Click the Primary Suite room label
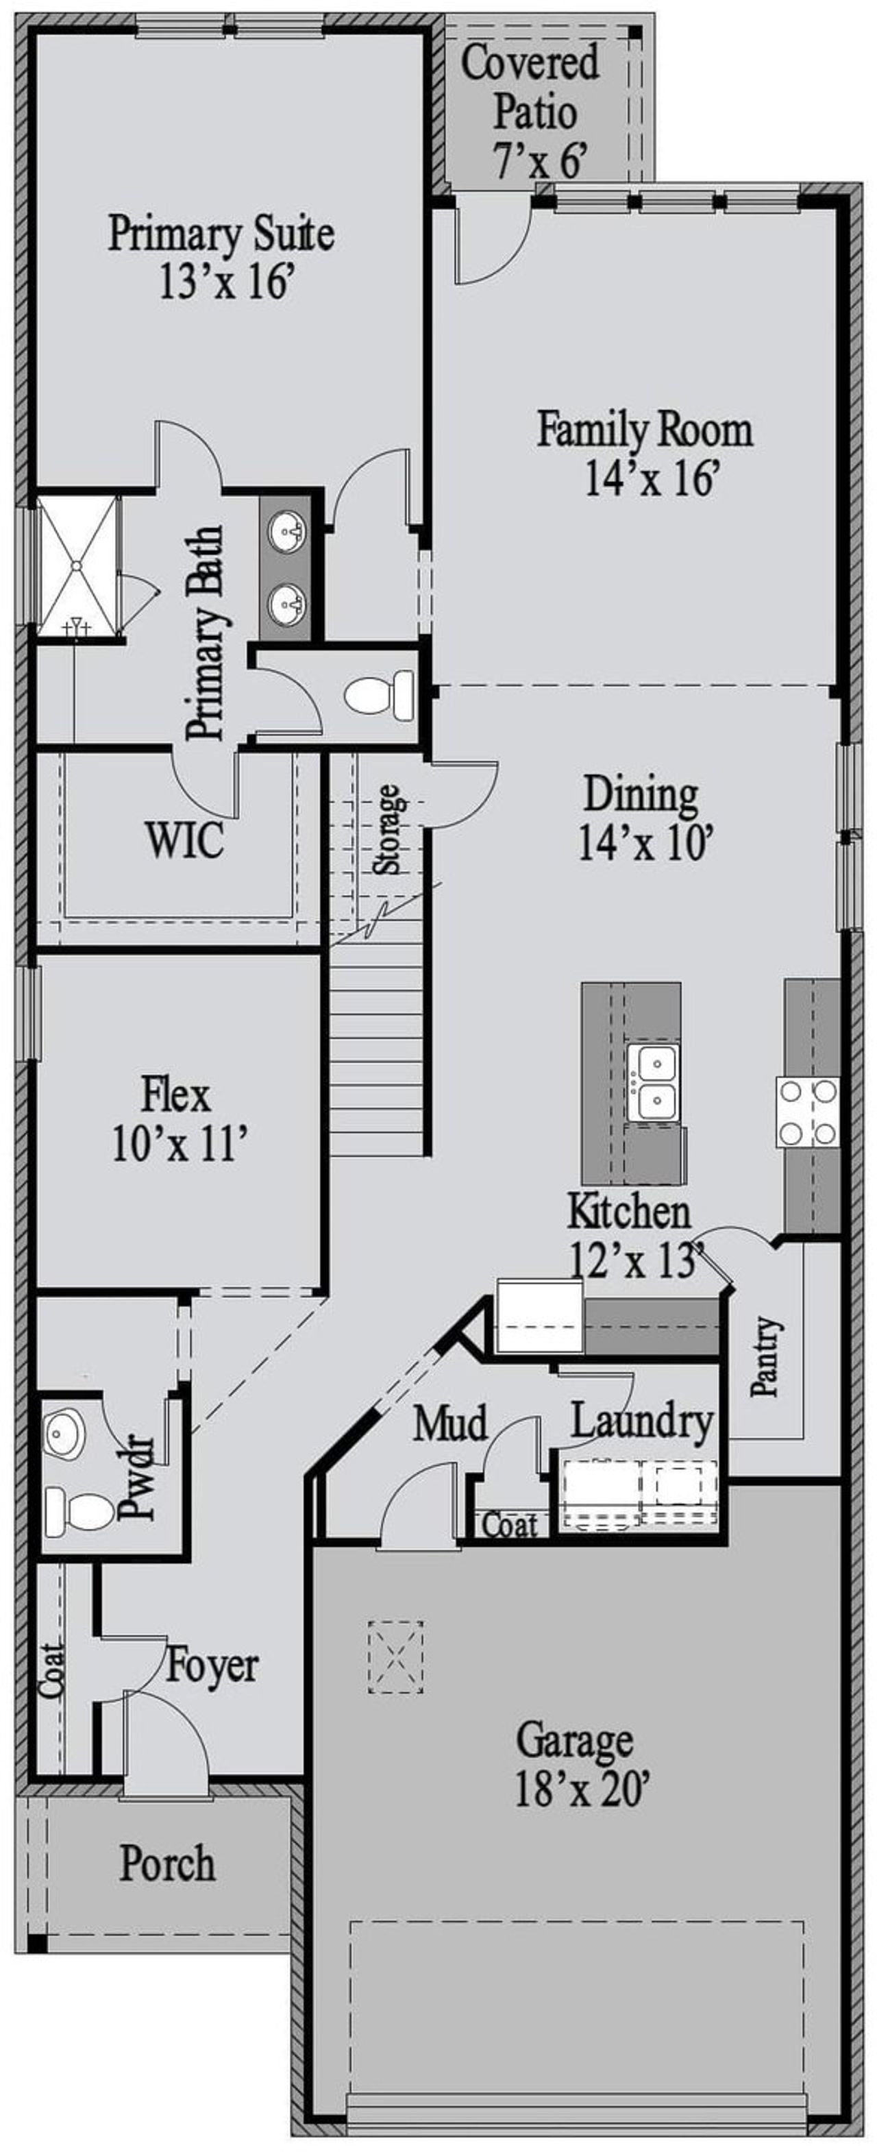click(221, 234)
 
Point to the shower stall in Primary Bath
click(77, 565)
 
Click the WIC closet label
click(186, 840)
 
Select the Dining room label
click(641, 794)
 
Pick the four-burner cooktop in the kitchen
click(807, 1111)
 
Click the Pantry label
click(766, 1358)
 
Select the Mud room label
click(451, 1423)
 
